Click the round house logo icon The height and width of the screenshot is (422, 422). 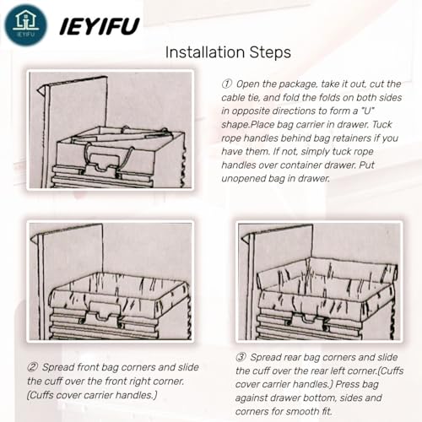(x=25, y=25)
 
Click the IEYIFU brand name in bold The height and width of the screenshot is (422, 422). (x=100, y=26)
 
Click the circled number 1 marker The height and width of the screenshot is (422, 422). (x=226, y=84)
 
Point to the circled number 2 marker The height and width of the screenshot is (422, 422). (x=33, y=367)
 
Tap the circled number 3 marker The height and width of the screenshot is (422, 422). (x=241, y=357)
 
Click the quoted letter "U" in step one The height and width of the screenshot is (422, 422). (x=368, y=111)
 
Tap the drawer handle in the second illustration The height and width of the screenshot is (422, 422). (x=105, y=314)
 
